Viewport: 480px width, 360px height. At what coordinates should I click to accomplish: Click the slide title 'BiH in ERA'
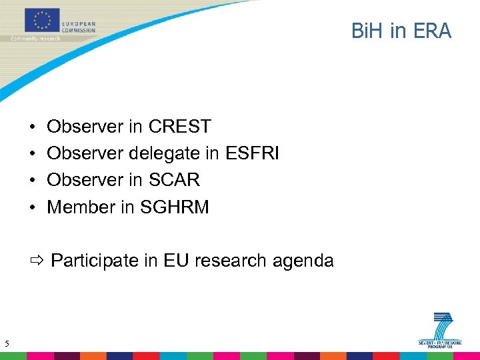tap(401, 31)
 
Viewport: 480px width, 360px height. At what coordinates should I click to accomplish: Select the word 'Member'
tap(81, 207)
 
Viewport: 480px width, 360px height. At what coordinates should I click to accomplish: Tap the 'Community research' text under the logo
tap(35, 39)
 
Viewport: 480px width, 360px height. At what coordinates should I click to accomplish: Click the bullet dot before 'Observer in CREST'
tap(32, 127)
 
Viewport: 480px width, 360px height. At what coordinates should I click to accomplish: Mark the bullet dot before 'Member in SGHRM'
tap(32, 208)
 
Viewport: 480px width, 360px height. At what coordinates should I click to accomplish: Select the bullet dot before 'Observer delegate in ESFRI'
tap(32, 154)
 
